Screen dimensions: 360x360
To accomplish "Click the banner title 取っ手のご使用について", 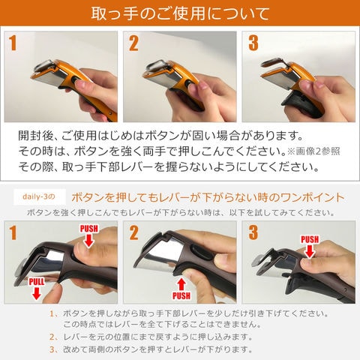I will pos(179,14).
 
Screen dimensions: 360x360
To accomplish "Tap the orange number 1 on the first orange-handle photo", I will pos(12,43).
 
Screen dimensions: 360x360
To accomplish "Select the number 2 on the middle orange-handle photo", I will pos(133,43).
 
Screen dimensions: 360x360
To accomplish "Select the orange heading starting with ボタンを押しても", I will pos(208,197).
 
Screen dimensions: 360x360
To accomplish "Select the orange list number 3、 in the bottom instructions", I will pos(53,349).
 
